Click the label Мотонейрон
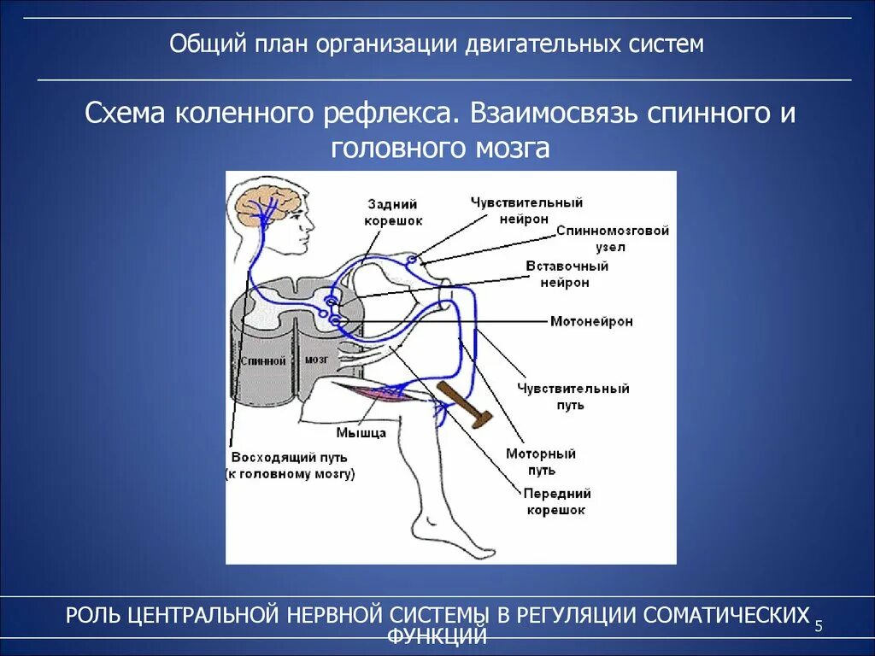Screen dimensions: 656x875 [591, 322]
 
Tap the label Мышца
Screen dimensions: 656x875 [361, 433]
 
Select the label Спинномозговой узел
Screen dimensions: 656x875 [612, 238]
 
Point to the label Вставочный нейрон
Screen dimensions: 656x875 [567, 274]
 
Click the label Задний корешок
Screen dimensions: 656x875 [392, 212]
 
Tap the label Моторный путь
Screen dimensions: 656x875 [541, 461]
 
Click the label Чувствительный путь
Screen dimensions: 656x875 [573, 396]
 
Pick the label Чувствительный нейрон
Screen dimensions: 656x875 [526, 210]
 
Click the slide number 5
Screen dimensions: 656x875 [819, 627]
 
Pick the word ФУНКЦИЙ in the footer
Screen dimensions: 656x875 [437, 635]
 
